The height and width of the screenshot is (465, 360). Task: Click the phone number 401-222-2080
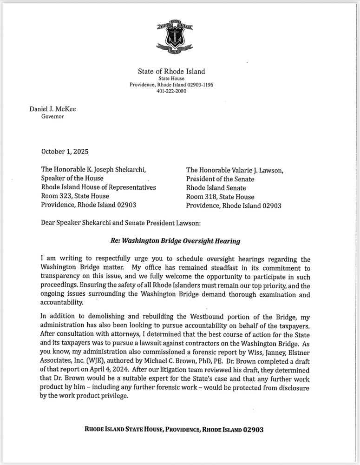[x=171, y=91]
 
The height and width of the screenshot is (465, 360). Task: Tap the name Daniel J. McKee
[x=52, y=109]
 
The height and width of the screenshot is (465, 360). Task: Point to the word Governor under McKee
[x=52, y=116]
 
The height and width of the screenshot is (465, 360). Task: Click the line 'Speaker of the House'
[x=72, y=179]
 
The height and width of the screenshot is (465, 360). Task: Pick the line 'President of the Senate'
[x=220, y=179]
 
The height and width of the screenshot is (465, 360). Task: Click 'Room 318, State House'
[x=217, y=197]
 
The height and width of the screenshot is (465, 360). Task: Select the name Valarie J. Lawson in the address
[x=254, y=170]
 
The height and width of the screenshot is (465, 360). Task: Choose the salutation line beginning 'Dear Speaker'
[x=121, y=223]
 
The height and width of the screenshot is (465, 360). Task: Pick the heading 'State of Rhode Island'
[x=171, y=72]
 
